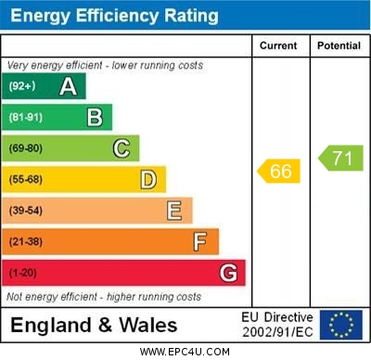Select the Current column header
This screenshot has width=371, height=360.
click(278, 45)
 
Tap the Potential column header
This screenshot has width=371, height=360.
click(339, 45)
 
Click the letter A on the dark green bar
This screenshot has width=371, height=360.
click(68, 86)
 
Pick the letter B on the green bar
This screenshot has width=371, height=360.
click(95, 117)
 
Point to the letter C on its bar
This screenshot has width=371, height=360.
click(122, 148)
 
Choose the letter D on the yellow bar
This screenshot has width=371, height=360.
click(148, 179)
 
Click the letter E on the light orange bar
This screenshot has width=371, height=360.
click(174, 211)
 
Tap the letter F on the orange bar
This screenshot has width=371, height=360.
click(200, 242)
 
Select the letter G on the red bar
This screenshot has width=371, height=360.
click(228, 273)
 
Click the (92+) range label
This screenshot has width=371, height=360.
click(22, 86)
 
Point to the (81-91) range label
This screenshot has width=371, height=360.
click(25, 117)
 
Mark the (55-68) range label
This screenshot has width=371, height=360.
click(26, 179)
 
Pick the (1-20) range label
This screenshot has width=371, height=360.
click(23, 274)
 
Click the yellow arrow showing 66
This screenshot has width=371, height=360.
click(279, 171)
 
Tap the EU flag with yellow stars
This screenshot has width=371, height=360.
click(341, 325)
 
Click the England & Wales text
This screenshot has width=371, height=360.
click(94, 326)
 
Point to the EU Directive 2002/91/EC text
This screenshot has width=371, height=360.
click(277, 325)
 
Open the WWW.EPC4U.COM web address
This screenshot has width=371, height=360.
click(185, 352)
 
